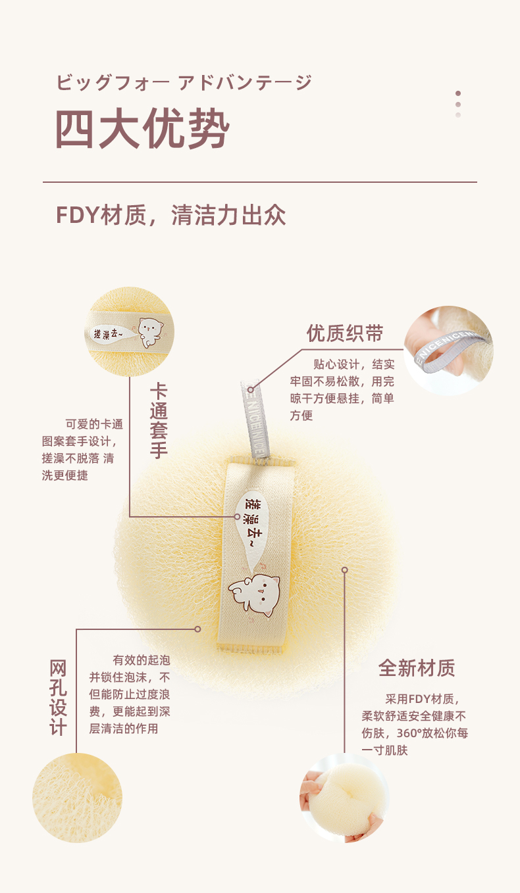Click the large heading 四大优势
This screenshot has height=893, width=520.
pos(142,130)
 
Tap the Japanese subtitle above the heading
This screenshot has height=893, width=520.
pos(184,83)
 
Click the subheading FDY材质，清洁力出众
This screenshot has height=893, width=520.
pos(170,215)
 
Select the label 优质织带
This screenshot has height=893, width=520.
pos(345,333)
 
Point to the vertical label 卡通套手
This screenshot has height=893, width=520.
pos(159,420)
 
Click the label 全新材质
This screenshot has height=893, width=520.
pos(417,667)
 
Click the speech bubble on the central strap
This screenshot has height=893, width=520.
pos(252,519)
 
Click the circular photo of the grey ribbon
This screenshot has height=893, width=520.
pos(448,350)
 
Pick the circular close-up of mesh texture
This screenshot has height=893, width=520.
pos(77,798)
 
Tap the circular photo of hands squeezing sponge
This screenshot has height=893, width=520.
pos(344,797)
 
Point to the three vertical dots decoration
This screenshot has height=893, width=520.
pos(458,104)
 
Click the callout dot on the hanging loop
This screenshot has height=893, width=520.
pos(251,390)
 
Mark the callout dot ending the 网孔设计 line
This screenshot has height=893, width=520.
pos(197,629)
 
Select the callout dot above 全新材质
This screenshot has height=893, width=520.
pos(344,569)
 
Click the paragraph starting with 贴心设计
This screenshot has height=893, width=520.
pos(342,389)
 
